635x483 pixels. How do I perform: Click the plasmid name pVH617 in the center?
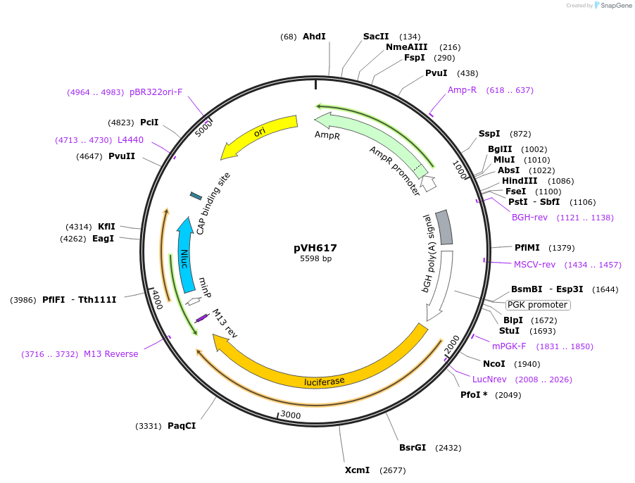coord(315,248)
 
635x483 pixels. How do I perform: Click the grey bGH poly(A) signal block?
coord(444,227)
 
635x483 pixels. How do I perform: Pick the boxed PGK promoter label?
coord(538,305)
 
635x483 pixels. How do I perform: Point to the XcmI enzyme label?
coord(357,470)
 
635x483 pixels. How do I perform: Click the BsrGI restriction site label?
coord(413,447)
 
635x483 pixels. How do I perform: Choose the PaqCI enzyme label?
coord(182,426)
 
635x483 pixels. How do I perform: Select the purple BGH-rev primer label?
coord(529,218)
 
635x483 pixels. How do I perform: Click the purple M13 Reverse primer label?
coord(111,353)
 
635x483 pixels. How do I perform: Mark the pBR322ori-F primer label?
coord(156,92)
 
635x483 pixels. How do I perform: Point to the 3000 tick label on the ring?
coord(291,415)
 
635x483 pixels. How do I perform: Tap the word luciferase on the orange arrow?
coord(325,382)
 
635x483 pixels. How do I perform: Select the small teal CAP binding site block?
coord(196,195)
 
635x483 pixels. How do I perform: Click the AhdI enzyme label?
coord(314,37)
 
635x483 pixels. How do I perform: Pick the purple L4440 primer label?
coord(130,140)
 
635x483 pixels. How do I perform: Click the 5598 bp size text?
coord(315,259)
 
